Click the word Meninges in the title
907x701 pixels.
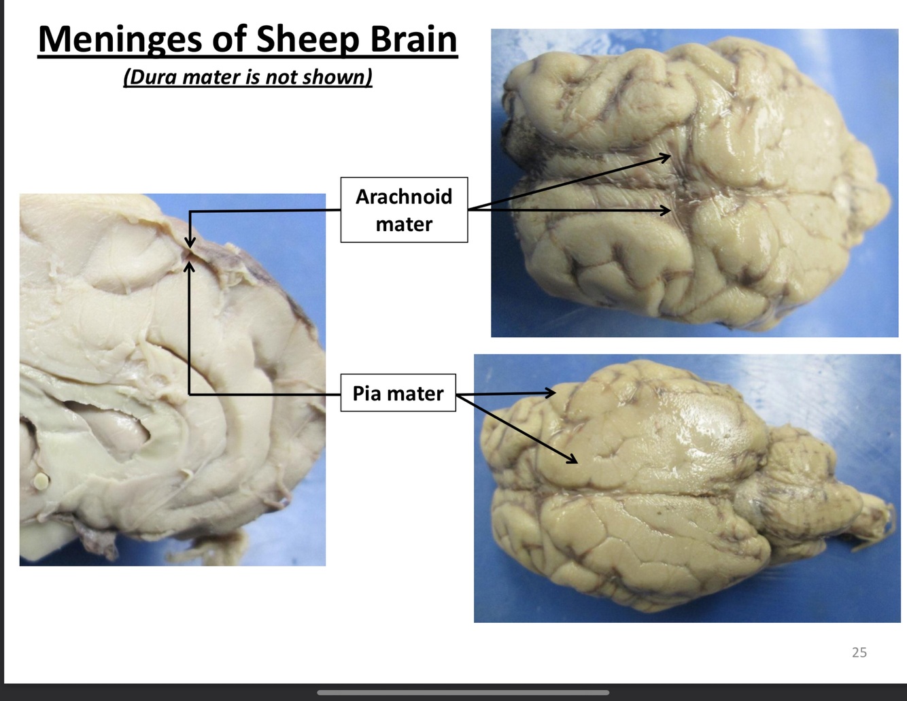click(120, 39)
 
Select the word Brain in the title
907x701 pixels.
click(413, 39)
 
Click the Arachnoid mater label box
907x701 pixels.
click(404, 209)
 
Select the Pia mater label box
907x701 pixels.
click(398, 393)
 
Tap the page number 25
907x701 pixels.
click(859, 652)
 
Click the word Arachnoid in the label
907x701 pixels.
click(404, 196)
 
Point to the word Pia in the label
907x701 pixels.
click(367, 393)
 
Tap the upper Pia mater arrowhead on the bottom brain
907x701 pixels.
click(551, 392)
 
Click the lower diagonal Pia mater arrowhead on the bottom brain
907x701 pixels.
click(572, 460)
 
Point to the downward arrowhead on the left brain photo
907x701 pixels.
click(190, 243)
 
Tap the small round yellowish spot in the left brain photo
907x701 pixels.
click(41, 481)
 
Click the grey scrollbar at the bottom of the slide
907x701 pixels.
click(462, 693)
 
